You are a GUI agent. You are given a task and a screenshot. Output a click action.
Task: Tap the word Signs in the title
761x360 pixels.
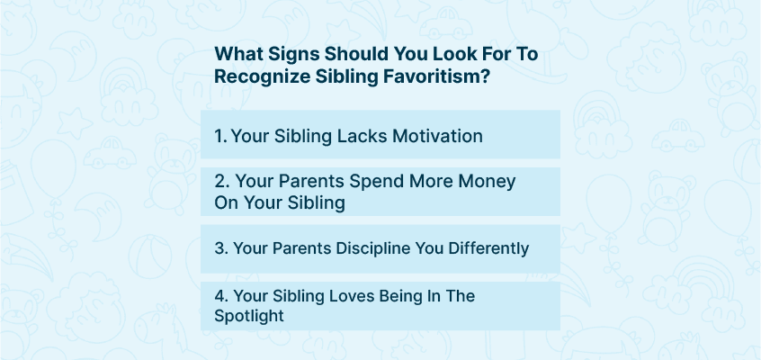tap(290, 54)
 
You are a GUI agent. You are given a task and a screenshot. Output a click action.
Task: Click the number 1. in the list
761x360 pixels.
tap(221, 136)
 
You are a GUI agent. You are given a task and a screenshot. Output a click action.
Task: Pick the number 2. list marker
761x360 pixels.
tap(222, 181)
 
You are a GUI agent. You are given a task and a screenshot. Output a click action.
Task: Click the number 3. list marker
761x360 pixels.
tap(221, 248)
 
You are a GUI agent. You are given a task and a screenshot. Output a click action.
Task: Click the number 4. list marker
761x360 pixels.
tap(221, 295)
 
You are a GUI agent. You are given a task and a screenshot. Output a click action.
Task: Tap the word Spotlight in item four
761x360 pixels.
tap(249, 316)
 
